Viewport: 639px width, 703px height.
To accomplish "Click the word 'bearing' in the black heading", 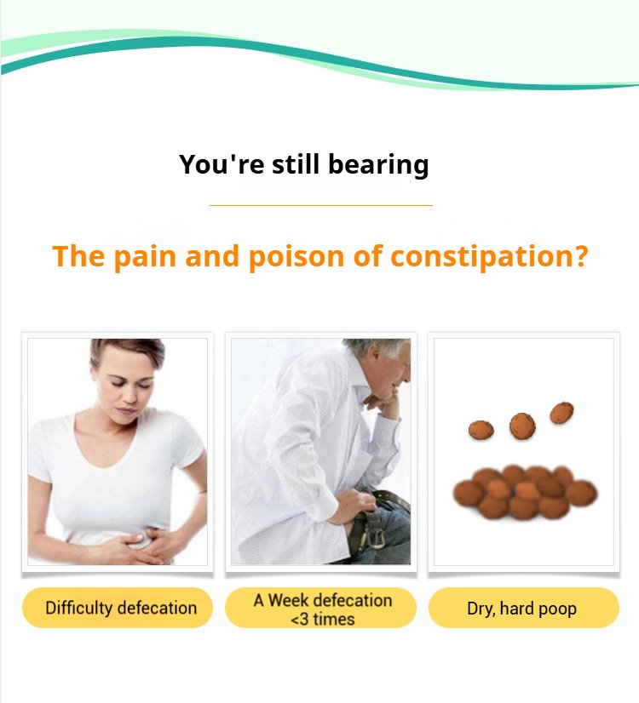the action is click(x=378, y=165).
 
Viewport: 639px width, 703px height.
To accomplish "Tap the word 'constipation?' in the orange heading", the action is click(x=489, y=257).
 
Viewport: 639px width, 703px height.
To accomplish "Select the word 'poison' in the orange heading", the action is click(x=296, y=257).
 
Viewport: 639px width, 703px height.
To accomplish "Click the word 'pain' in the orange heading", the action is click(x=144, y=257).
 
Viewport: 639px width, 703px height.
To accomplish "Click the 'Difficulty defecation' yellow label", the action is click(x=117, y=608).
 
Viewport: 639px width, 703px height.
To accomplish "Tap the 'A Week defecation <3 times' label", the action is click(x=320, y=608).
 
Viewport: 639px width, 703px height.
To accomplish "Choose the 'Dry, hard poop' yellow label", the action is click(x=524, y=608).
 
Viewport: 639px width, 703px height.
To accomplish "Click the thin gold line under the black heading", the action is click(x=321, y=205).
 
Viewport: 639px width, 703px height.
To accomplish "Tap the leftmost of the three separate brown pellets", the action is click(x=481, y=430).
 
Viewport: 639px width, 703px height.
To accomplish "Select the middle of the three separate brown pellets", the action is click(x=522, y=426).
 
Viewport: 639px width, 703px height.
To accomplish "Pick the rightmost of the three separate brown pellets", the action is click(x=561, y=413).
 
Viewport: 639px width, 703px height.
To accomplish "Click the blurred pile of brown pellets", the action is click(x=525, y=492).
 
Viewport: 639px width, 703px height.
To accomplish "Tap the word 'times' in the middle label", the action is click(x=334, y=619).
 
